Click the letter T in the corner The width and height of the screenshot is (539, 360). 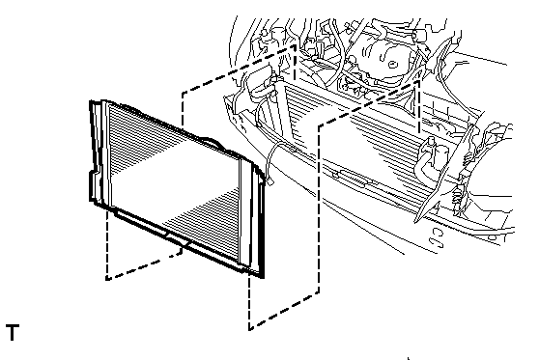[x=13, y=332]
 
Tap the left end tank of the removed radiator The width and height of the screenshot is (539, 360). [x=99, y=153]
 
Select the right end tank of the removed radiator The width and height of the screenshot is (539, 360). [x=253, y=216]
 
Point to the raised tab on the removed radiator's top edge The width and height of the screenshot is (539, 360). [x=212, y=143]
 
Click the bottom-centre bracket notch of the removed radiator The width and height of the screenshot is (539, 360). [x=178, y=239]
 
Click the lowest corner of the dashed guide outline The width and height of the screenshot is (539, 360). [x=250, y=329]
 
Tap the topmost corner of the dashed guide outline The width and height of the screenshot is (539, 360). [x=295, y=46]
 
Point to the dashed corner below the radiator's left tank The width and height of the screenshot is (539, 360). [x=107, y=279]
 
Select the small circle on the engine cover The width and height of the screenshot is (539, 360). [x=393, y=65]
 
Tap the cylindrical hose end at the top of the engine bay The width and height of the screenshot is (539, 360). [x=419, y=36]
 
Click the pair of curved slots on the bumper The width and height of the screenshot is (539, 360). [x=437, y=237]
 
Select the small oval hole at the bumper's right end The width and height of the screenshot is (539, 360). [x=493, y=237]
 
